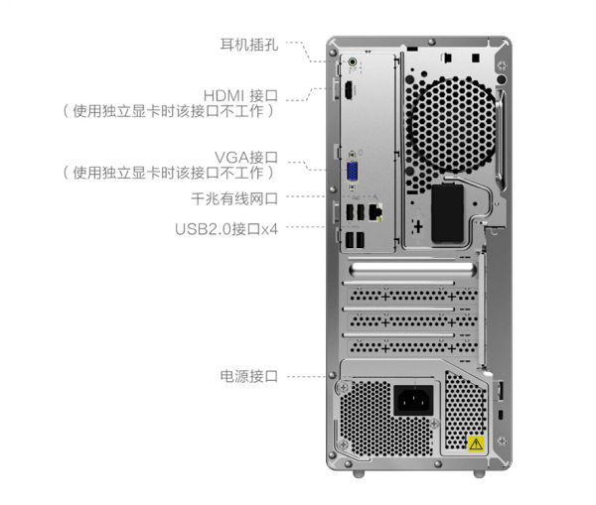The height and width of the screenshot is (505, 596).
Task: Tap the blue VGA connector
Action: click(x=352, y=172)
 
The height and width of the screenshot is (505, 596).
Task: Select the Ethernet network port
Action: click(x=372, y=209)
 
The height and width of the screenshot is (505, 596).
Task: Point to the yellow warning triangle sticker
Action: click(x=475, y=442)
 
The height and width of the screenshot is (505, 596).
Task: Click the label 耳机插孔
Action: click(x=248, y=45)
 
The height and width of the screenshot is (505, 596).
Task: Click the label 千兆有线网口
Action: click(x=233, y=197)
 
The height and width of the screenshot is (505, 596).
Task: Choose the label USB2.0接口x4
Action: click(x=226, y=228)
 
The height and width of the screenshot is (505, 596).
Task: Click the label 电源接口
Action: click(x=248, y=376)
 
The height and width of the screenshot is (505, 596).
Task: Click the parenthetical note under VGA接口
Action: click(x=169, y=174)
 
